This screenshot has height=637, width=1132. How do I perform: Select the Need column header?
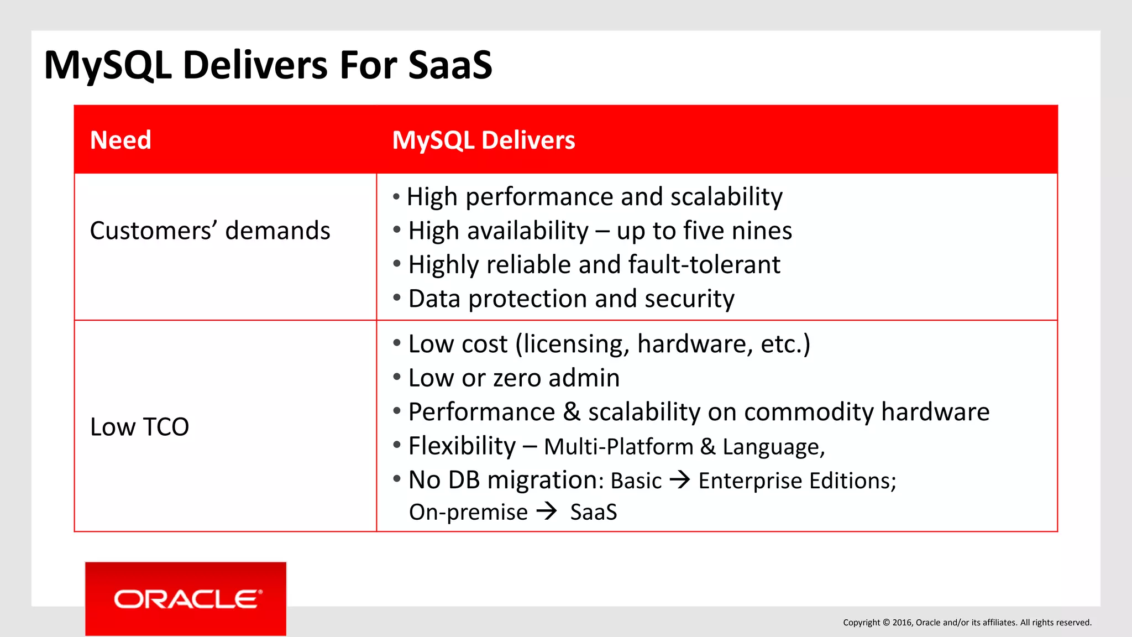[x=120, y=140]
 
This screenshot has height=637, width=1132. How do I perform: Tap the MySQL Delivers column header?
[x=483, y=140]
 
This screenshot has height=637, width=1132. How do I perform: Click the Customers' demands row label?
[x=209, y=231]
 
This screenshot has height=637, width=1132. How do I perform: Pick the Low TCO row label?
[x=139, y=427]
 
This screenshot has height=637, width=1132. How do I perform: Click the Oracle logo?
[x=186, y=599]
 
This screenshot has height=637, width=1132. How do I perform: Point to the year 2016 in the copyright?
[x=902, y=623]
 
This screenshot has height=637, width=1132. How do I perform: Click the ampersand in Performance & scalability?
[x=572, y=412]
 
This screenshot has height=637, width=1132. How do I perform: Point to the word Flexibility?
[x=462, y=446]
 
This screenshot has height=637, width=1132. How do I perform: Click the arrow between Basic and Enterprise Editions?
[x=680, y=479]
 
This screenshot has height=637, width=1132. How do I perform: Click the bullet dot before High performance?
[x=396, y=197]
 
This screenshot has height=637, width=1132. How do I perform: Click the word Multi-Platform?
[x=619, y=447]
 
